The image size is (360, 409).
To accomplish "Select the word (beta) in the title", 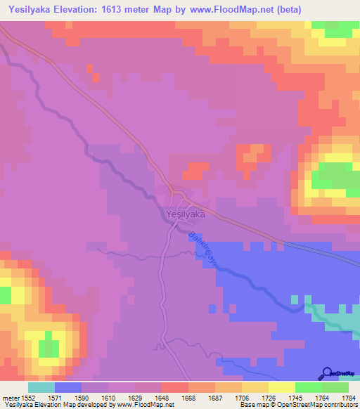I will click(x=339, y=9).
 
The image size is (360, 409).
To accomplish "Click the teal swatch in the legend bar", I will click(x=41, y=387).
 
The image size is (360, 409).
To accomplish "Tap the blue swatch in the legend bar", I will click(x=68, y=387).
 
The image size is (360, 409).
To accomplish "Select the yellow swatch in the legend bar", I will click(x=282, y=387).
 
